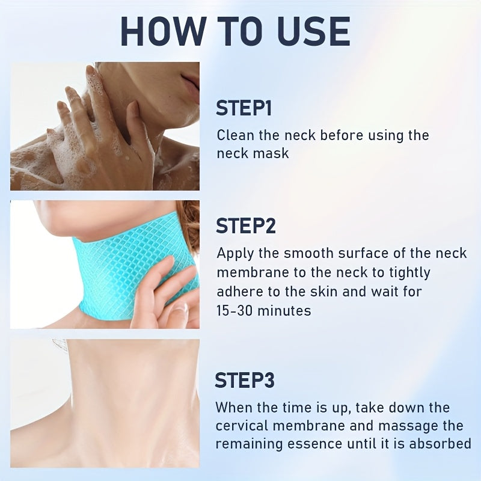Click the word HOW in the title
coord(163,31)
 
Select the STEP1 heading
coord(244,108)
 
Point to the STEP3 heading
coord(245,380)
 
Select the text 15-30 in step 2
coord(234,311)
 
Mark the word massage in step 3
coord(405,426)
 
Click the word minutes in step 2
coord(284,311)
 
